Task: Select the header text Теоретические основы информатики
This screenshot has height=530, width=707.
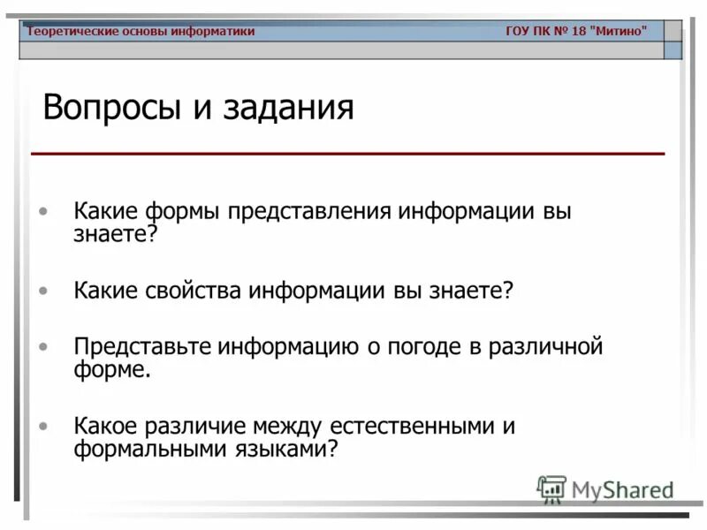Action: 141,32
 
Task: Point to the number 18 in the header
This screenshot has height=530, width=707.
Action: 578,32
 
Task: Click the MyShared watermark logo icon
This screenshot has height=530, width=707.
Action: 551,489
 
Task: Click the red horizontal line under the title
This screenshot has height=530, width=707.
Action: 347,154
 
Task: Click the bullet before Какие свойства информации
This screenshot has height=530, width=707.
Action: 43,290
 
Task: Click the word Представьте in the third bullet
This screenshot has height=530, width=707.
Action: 146,347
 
